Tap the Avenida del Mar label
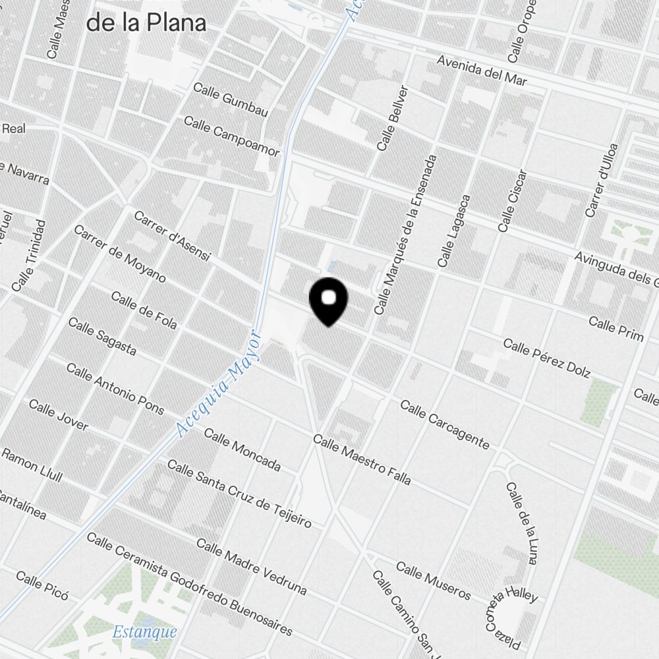(482, 71)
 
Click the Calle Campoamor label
(231, 137)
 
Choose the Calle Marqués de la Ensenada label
(405, 235)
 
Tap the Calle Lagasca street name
(455, 231)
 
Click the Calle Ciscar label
(513, 201)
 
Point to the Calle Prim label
(616, 329)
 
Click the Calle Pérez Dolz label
(546, 358)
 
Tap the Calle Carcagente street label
(445, 425)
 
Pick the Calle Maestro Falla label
(362, 459)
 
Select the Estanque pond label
(144, 632)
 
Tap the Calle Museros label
(433, 581)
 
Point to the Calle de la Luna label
(521, 523)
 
